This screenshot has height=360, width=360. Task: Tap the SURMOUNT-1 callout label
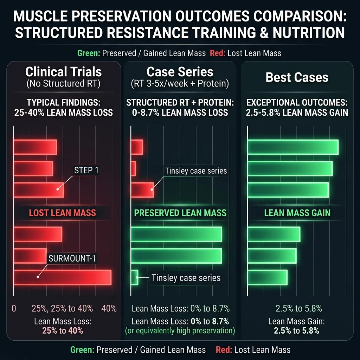tap(72, 259)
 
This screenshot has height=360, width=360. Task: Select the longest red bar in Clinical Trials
tap(62, 277)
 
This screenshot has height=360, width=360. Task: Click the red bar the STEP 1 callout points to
tap(39, 190)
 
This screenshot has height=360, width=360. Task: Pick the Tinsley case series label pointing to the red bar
tap(196, 171)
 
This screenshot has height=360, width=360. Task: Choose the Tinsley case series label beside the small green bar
tap(186, 278)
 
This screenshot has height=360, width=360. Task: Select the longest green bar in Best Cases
tap(293, 147)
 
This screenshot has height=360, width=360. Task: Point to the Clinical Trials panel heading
tap(63, 72)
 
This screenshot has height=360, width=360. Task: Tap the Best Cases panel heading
tap(297, 77)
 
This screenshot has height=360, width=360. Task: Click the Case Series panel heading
tap(180, 72)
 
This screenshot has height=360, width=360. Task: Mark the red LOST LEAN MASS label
tap(62, 213)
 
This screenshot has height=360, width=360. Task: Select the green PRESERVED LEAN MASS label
tap(180, 213)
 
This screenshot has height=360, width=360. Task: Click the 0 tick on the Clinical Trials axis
tap(14, 309)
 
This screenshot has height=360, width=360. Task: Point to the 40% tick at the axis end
tap(109, 309)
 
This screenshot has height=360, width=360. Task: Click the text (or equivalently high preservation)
tap(180, 330)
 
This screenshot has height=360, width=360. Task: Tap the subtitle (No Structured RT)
tap(63, 84)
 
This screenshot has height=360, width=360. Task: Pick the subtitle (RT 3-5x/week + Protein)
tap(180, 84)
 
